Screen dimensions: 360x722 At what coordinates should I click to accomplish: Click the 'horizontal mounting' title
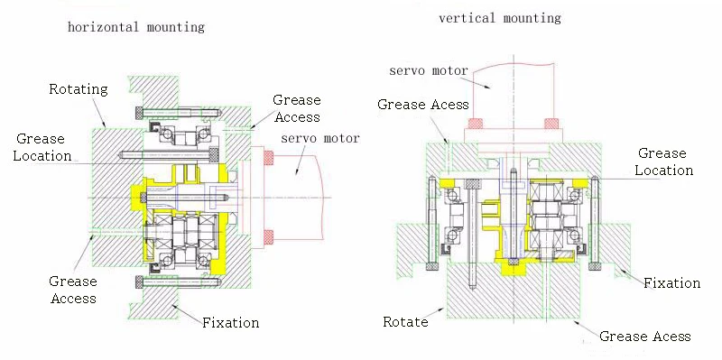pyautogui.click(x=136, y=27)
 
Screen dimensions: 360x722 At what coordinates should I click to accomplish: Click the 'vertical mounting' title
pyautogui.click(x=499, y=18)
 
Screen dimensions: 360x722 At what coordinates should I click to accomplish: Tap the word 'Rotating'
pyautogui.click(x=78, y=88)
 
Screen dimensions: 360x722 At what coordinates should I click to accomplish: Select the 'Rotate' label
pyautogui.click(x=406, y=321)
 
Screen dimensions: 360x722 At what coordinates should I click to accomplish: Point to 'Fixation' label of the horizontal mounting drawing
pyautogui.click(x=230, y=322)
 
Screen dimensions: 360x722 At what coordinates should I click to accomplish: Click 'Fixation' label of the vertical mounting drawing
pyautogui.click(x=671, y=282)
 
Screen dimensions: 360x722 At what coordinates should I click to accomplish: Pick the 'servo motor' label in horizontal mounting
pyautogui.click(x=320, y=138)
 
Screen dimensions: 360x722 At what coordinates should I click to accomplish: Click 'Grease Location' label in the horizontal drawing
pyautogui.click(x=43, y=147)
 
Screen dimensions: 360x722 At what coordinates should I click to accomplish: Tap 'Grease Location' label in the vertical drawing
pyautogui.click(x=664, y=162)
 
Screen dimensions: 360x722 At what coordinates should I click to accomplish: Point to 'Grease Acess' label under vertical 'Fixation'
pyautogui.click(x=645, y=337)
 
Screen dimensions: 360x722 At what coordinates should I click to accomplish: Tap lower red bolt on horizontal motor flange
pyautogui.click(x=268, y=236)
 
